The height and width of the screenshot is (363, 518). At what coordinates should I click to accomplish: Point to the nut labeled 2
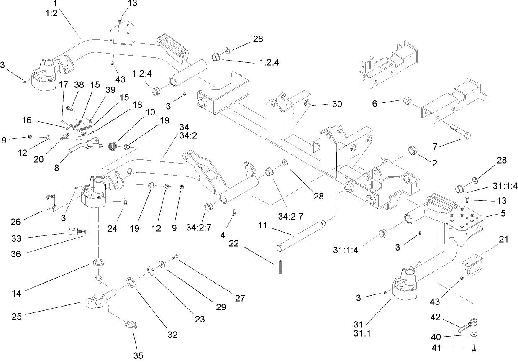click(x=412, y=151)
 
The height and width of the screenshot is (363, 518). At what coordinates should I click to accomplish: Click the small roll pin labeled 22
click(x=278, y=268)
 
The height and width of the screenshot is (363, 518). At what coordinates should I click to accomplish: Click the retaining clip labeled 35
click(x=131, y=325)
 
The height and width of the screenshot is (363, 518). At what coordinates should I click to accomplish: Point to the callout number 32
click(x=172, y=335)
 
